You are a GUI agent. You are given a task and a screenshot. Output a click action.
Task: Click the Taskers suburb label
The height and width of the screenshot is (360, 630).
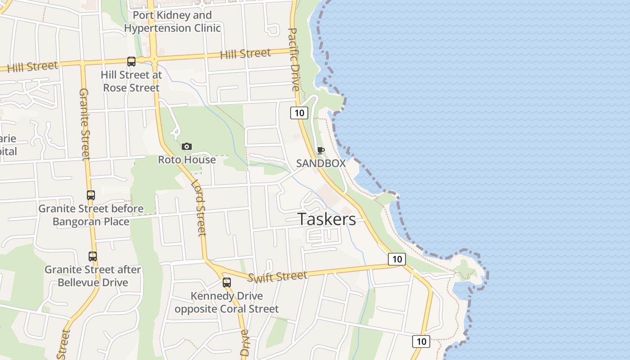327,219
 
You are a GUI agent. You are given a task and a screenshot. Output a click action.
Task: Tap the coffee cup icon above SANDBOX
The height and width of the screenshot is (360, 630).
320,150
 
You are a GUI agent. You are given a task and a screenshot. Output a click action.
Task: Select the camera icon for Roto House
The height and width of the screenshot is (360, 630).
187,146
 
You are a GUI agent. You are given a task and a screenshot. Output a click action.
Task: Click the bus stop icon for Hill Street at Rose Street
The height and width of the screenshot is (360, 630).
131,62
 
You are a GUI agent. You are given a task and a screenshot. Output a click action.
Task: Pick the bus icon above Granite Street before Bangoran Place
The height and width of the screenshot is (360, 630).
91,195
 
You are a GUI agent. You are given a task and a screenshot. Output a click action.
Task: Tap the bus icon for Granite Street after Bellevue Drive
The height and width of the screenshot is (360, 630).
93,256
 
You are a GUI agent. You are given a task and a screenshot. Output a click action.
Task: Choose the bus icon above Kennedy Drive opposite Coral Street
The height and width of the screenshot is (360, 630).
227,283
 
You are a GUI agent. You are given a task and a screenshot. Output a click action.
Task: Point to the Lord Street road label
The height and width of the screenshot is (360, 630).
198,208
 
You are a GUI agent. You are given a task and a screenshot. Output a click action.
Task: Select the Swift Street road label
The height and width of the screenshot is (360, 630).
278,276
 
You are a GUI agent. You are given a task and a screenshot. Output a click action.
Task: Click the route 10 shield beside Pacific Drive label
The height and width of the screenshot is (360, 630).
299,112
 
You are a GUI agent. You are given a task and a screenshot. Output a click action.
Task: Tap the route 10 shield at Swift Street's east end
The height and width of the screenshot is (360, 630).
396,259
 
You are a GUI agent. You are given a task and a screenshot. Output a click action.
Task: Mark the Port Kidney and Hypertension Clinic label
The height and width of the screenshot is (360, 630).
172,22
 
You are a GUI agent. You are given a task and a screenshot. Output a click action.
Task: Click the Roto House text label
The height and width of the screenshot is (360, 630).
187,160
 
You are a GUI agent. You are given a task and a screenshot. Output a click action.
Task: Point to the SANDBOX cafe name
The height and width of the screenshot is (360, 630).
321,163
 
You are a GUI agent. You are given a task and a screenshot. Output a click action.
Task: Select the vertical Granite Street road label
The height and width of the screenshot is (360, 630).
85,124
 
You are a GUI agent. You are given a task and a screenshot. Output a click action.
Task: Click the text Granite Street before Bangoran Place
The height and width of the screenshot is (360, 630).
91,215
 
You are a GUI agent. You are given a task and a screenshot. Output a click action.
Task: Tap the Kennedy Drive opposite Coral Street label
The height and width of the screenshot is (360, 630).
227,302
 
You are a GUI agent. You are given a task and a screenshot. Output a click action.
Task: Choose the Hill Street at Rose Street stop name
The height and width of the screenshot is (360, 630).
131,81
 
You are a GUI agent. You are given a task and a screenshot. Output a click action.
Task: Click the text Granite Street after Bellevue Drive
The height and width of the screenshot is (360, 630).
93,276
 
